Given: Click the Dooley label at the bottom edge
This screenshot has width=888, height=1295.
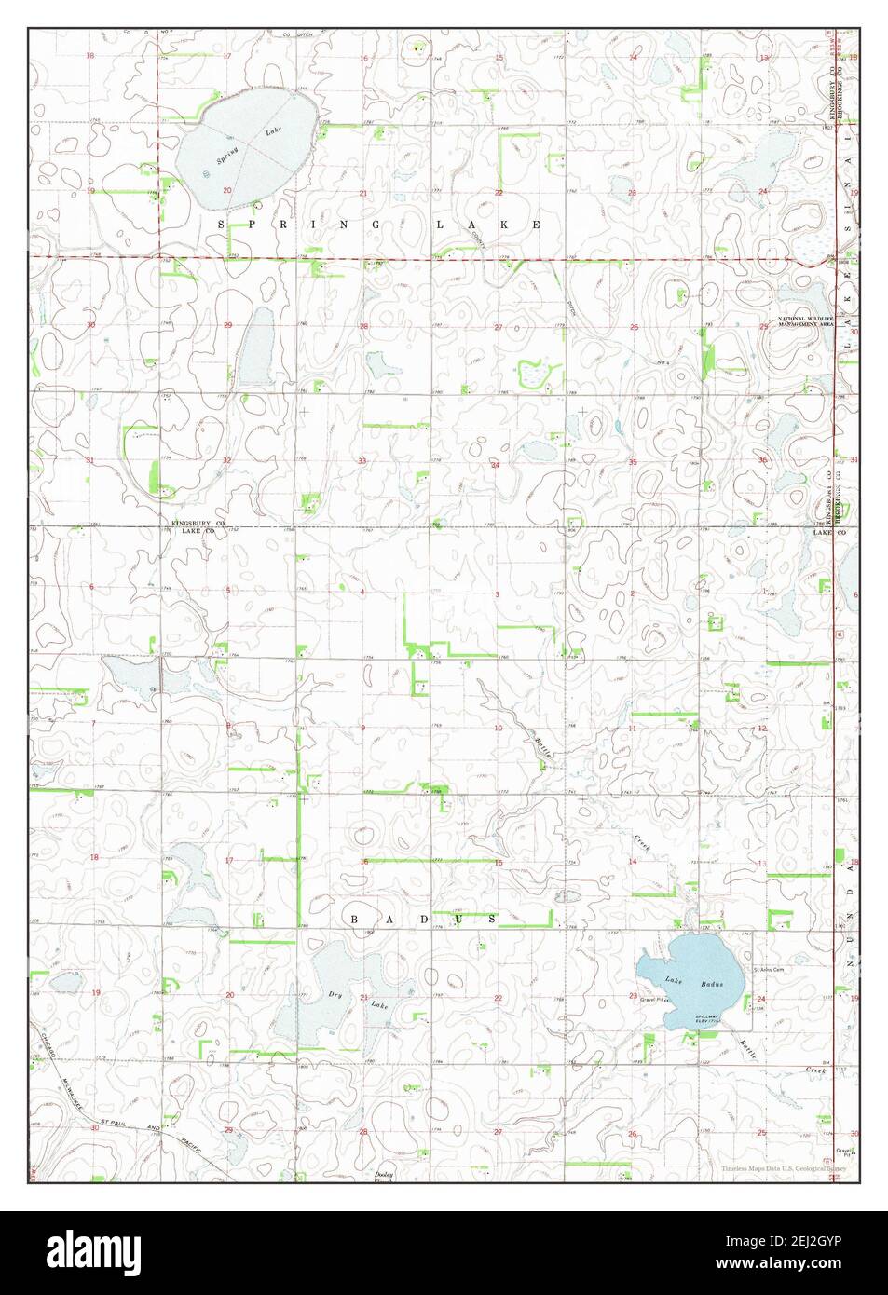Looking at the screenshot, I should coord(385,1175).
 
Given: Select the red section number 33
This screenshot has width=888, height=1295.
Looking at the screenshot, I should coord(362,461).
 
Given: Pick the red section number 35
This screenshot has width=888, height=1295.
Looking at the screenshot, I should coord(633,461).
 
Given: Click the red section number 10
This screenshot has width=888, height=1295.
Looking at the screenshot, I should coord(499,728).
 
